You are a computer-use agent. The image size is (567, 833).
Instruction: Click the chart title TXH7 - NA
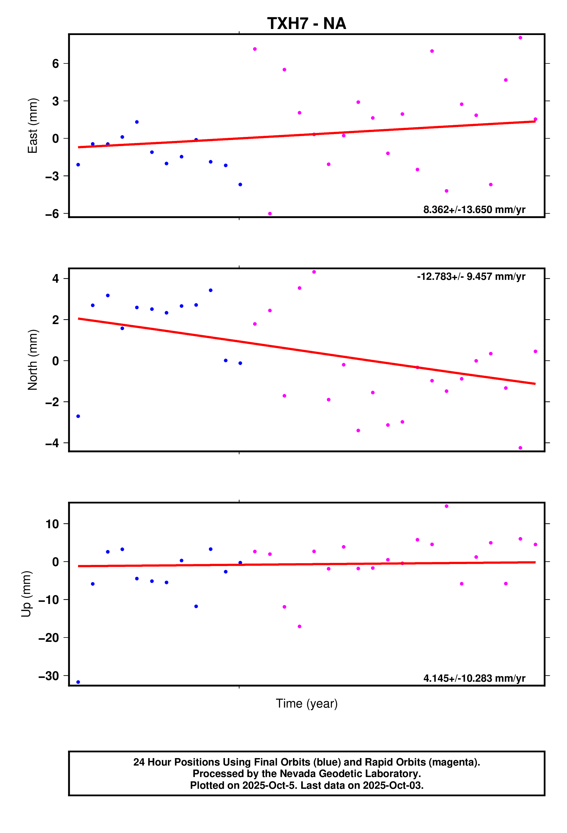pos(306,24)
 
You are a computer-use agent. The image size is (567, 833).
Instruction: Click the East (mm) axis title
pos(33,125)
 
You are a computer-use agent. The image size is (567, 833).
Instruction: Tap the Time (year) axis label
pos(306,704)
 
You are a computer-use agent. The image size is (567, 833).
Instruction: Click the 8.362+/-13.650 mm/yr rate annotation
pos(474,210)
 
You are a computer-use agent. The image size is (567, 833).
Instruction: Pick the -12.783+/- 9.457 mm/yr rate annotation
pos(471,277)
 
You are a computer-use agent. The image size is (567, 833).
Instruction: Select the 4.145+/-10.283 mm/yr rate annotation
pos(474,679)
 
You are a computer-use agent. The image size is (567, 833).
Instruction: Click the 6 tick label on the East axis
pos(55,64)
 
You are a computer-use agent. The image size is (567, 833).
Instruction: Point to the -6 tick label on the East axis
pos(52,214)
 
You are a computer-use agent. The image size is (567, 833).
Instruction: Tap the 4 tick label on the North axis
pos(55,278)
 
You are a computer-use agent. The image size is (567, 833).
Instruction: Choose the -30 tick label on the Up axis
pos(49,676)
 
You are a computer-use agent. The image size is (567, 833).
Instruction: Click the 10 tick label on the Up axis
pos(52,524)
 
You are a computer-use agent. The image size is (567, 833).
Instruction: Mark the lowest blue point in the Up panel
pos(78,682)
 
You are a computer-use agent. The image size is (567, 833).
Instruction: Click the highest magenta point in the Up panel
pos(446,506)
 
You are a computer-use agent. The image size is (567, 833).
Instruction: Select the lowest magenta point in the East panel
pos(270,214)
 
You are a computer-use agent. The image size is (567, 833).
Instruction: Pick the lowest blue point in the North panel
pos(78,416)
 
